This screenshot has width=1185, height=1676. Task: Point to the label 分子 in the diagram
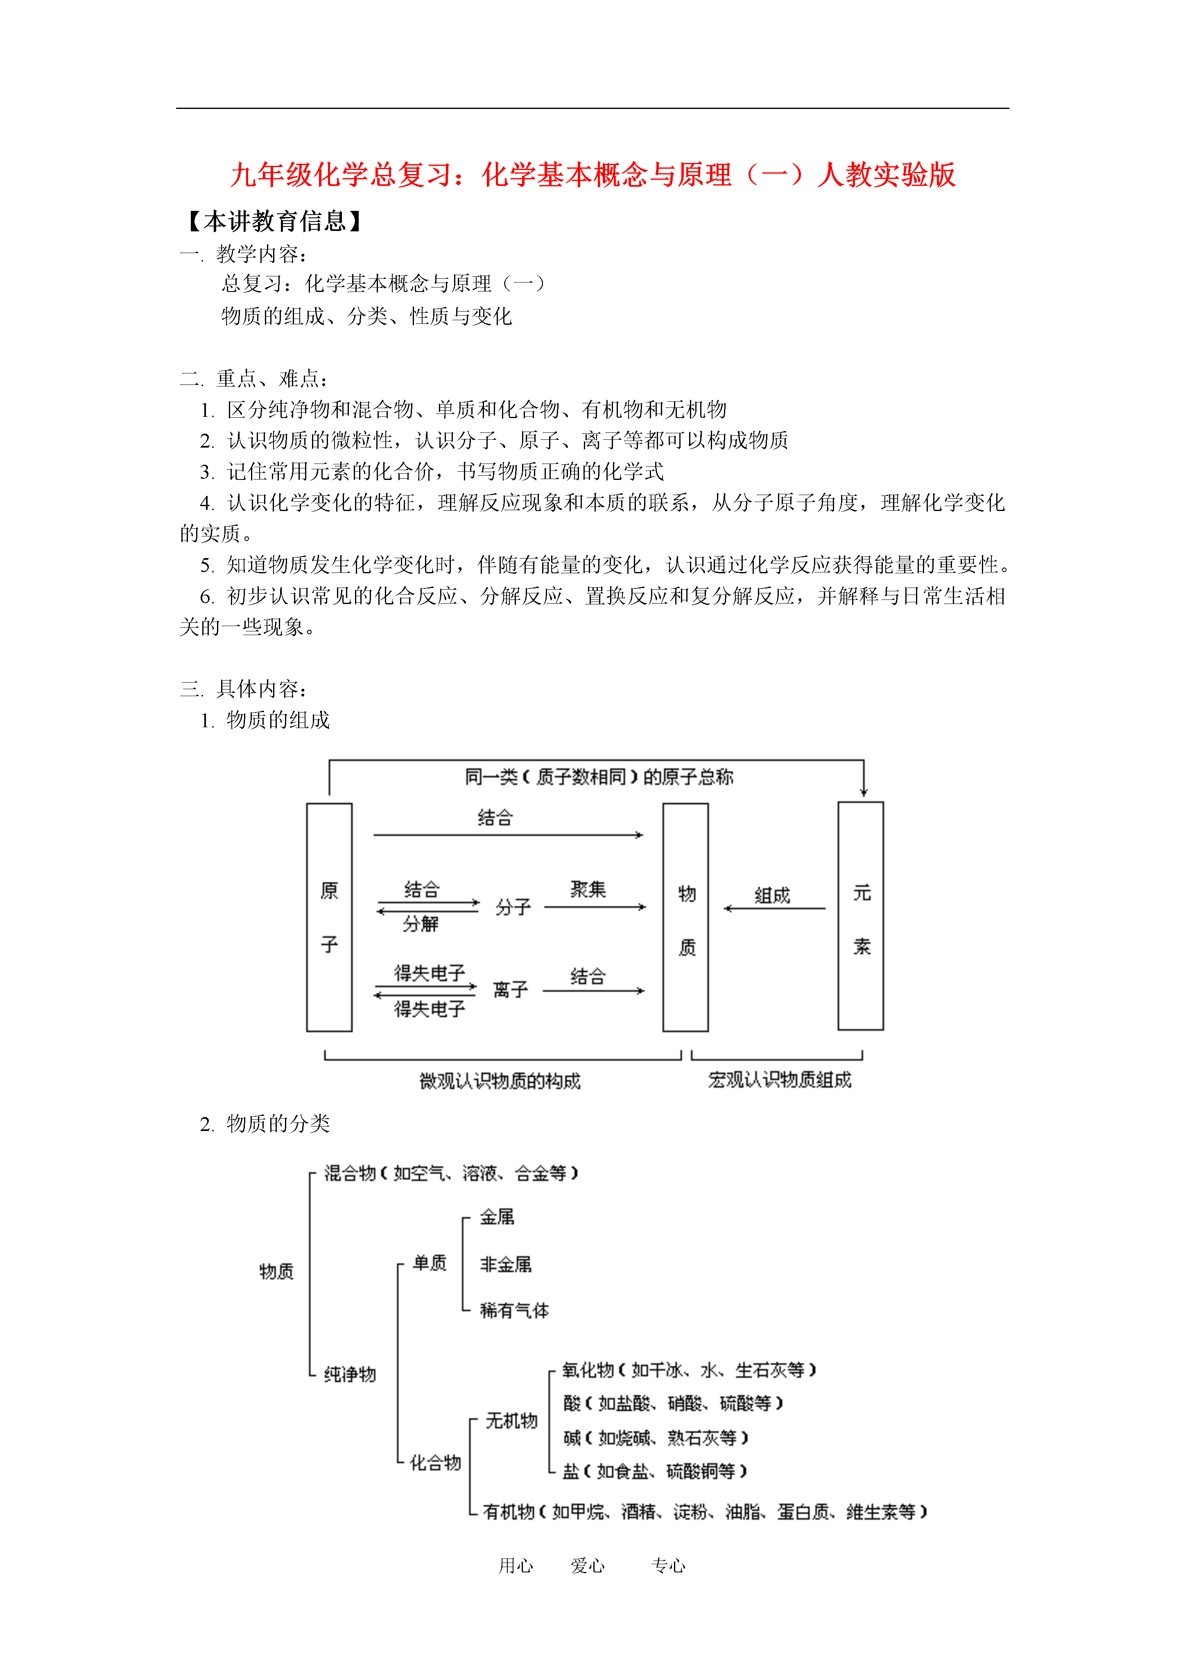513,907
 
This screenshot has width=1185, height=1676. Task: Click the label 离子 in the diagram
510,990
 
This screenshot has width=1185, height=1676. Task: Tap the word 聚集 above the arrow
588,889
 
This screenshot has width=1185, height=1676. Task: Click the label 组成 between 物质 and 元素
773,895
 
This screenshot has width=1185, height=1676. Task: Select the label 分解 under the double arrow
421,924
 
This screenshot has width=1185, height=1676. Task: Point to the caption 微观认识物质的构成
500,1081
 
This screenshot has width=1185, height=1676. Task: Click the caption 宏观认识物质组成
780,1080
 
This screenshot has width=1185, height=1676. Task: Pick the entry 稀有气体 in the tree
515,1310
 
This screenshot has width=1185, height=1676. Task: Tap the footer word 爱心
588,1566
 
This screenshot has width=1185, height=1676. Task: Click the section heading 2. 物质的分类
265,1124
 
